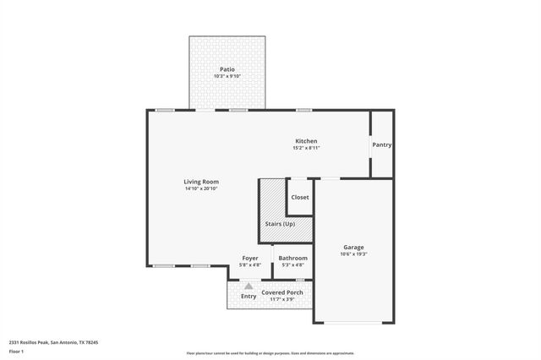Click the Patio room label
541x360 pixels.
pyautogui.click(x=227, y=69)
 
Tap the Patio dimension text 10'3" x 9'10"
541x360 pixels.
pyautogui.click(x=227, y=77)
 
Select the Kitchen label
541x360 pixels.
pyautogui.click(x=306, y=140)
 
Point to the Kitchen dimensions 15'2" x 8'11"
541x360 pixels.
pyautogui.click(x=306, y=148)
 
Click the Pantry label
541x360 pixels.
pyautogui.click(x=382, y=145)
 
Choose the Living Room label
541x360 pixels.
pyautogui.click(x=202, y=182)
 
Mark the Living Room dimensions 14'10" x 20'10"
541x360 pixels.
pyautogui.click(x=202, y=188)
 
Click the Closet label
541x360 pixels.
pyautogui.click(x=300, y=197)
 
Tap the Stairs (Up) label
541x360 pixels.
pyautogui.click(x=280, y=223)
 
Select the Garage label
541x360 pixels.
pyautogui.click(x=353, y=247)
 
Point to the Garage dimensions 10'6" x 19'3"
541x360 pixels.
pyautogui.click(x=353, y=254)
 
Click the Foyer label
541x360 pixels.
pyautogui.click(x=250, y=258)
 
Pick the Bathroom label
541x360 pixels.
pyautogui.click(x=293, y=258)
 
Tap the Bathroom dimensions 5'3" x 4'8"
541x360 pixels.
pyautogui.click(x=293, y=265)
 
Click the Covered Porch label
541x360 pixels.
pyautogui.click(x=282, y=292)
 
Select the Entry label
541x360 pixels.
pyautogui.click(x=249, y=297)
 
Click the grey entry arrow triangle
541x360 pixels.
pyautogui.click(x=249, y=286)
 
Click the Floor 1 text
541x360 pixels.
pyautogui.click(x=16, y=351)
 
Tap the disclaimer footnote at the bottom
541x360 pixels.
pyautogui.click(x=270, y=353)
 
